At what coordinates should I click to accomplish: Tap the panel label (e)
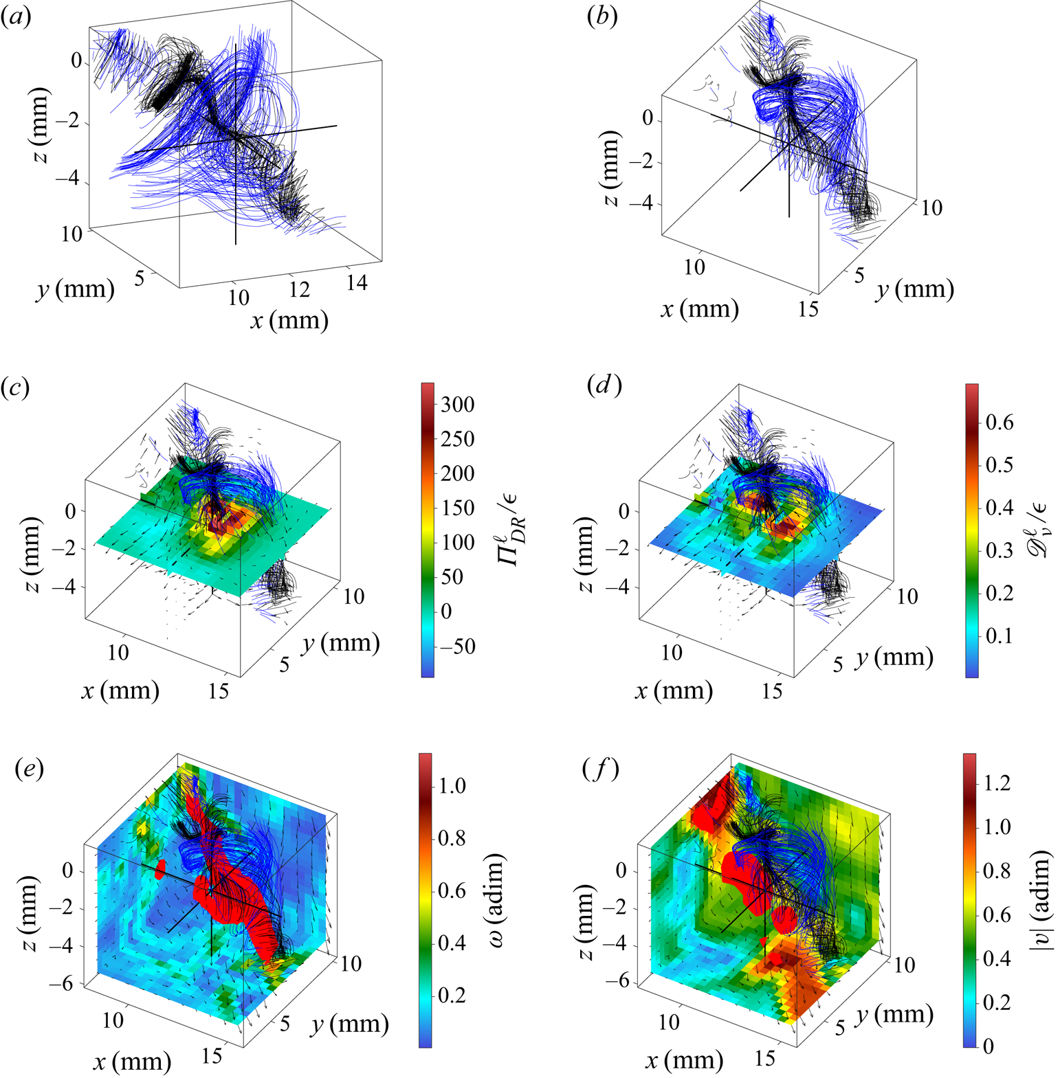click(30, 768)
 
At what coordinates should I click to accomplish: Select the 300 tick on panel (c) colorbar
click(458, 405)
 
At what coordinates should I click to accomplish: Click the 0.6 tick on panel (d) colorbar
click(1000, 422)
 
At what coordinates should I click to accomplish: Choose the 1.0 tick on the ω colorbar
click(452, 785)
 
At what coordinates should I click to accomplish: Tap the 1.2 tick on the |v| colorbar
click(997, 783)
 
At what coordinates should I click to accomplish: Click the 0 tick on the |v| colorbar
click(989, 1046)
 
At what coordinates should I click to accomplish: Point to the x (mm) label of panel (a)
click(289, 320)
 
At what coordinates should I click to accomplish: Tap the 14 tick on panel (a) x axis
click(357, 282)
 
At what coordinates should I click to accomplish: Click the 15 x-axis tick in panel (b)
click(808, 310)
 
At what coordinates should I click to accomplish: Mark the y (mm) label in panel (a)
click(76, 289)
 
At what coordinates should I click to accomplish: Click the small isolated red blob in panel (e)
click(160, 869)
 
